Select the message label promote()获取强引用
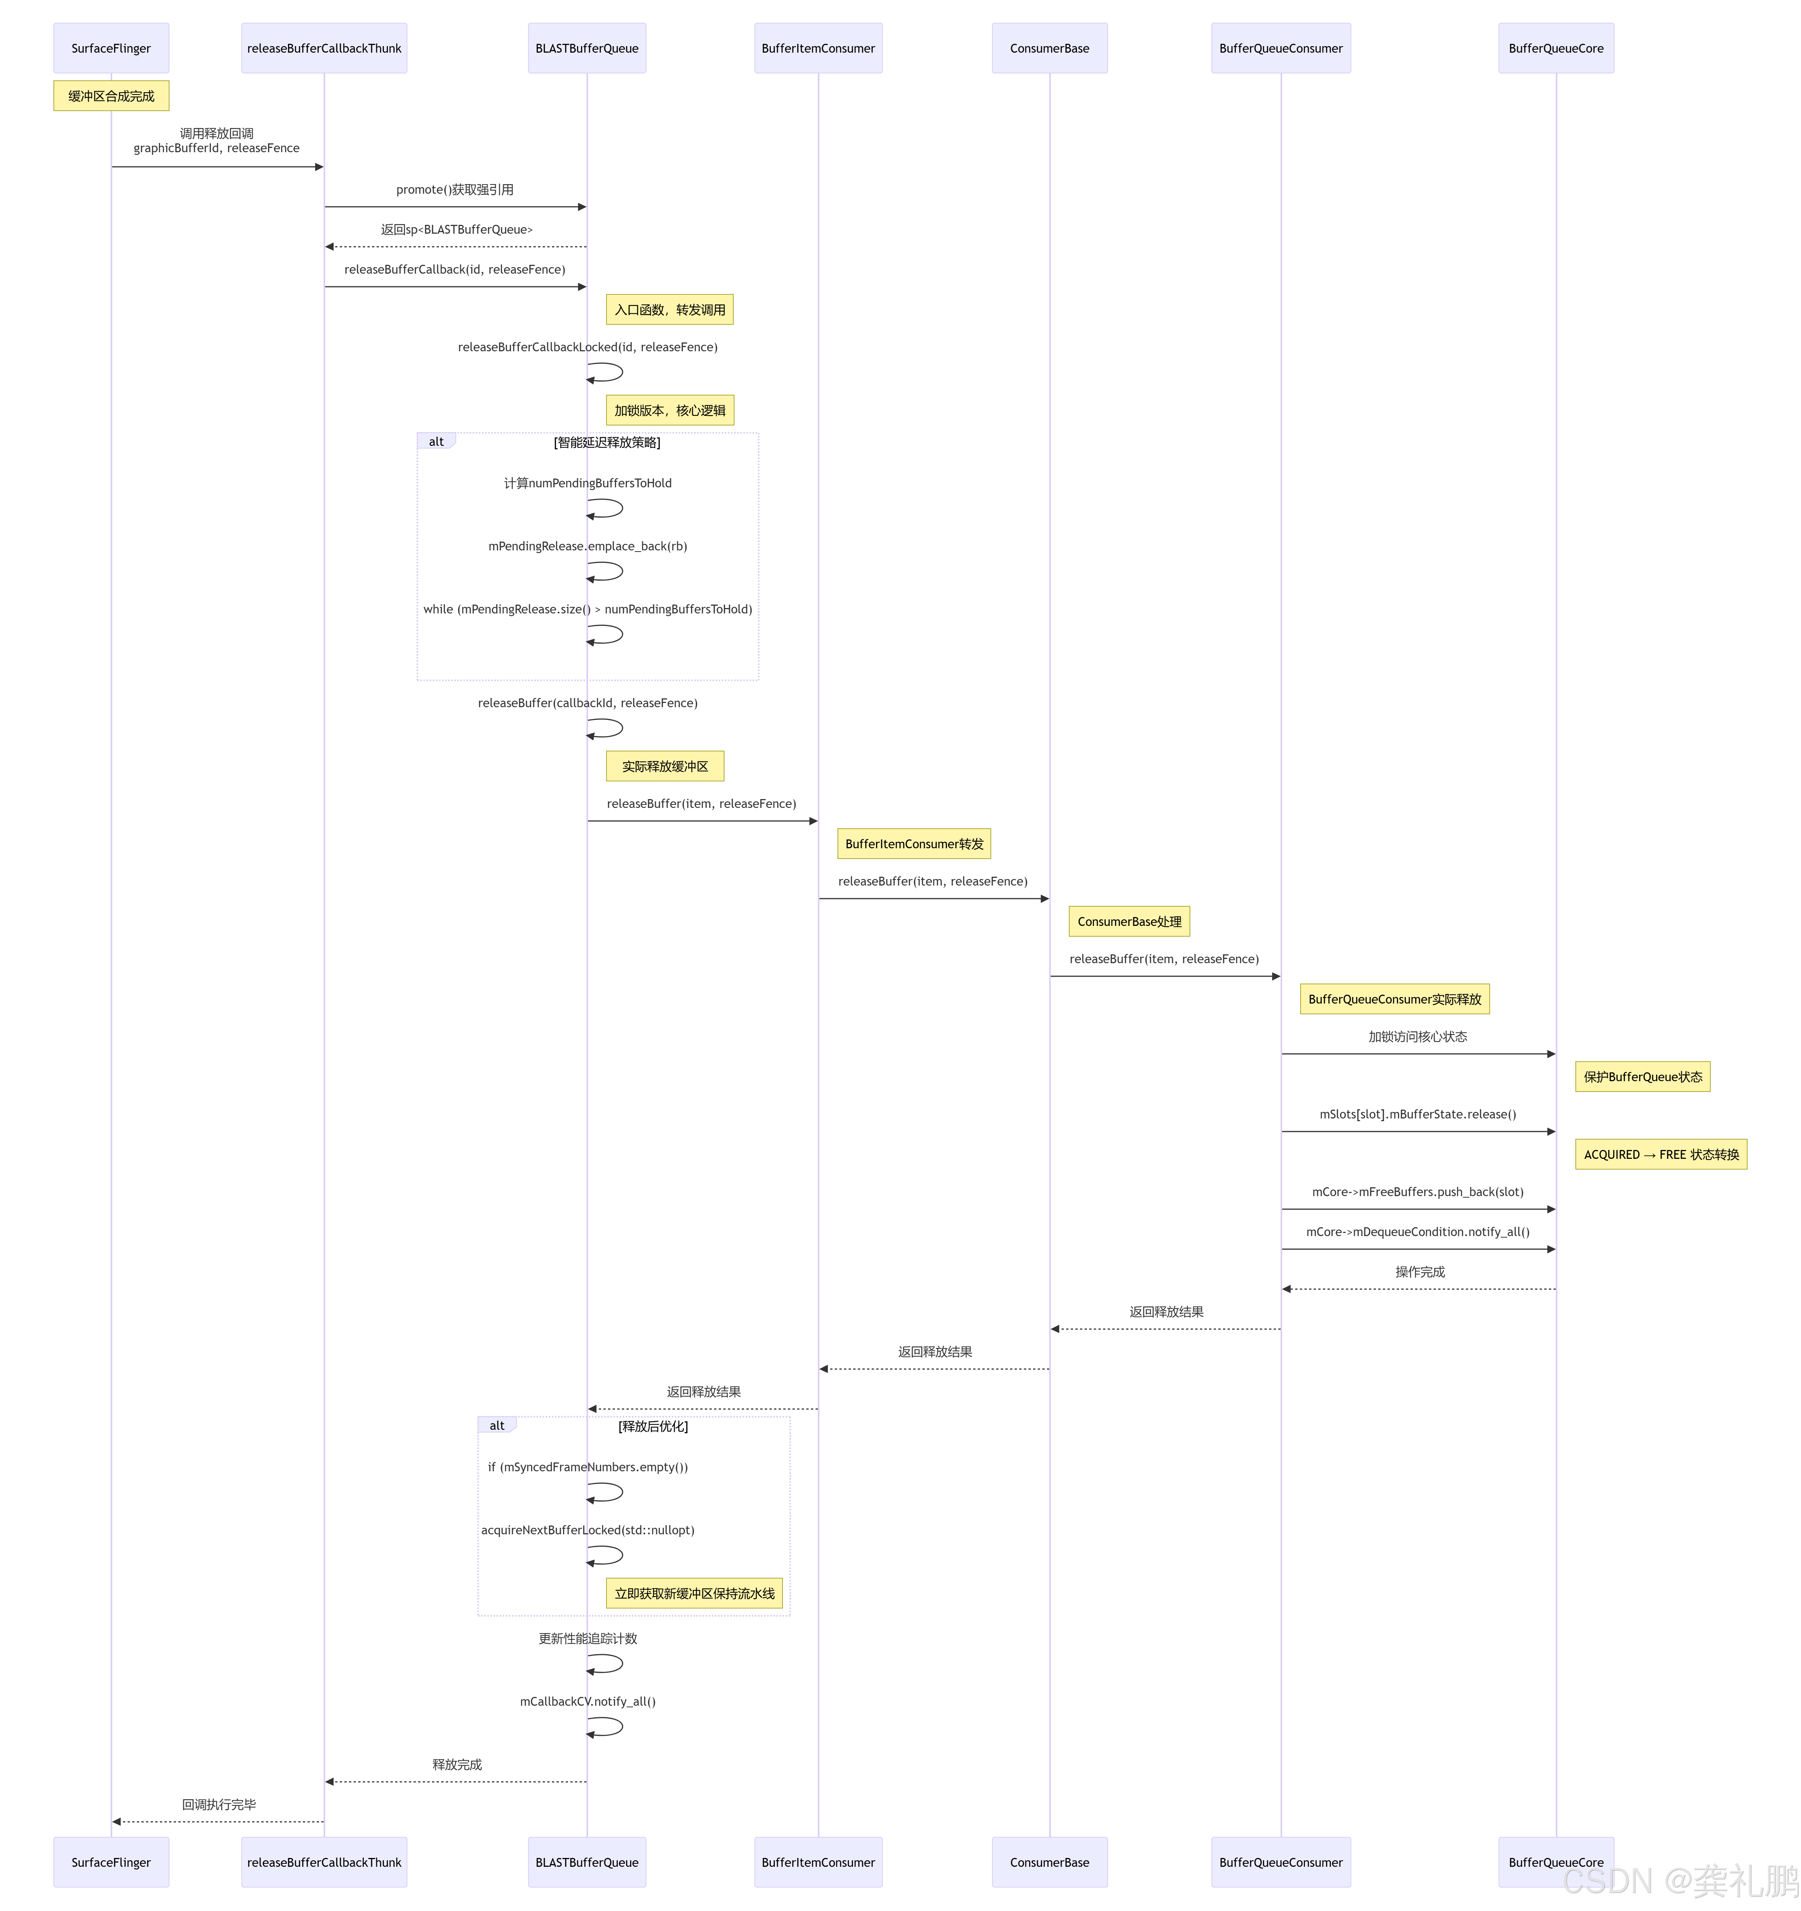(455, 189)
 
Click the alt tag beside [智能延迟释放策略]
(436, 441)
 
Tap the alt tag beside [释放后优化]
(497, 1426)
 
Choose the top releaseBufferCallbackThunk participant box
(324, 48)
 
